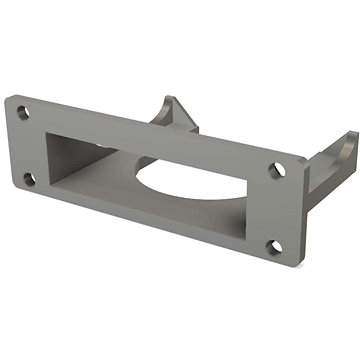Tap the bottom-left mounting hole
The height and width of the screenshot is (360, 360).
point(28,180)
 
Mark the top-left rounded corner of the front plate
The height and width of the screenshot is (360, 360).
point(8,98)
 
